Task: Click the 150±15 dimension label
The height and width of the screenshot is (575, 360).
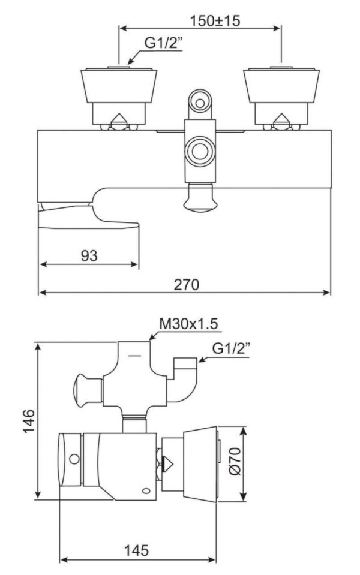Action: [215, 20]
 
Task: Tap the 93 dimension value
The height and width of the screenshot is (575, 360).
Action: [89, 255]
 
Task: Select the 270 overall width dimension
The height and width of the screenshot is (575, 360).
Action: [186, 284]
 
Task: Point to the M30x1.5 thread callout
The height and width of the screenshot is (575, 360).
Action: [188, 324]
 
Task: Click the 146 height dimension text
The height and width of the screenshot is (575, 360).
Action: [29, 421]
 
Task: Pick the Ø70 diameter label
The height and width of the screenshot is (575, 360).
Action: [235, 460]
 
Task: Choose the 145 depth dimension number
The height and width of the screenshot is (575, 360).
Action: [136, 550]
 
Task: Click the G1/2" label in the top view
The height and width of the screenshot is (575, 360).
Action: [163, 43]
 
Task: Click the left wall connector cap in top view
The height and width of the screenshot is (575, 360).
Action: [119, 85]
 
